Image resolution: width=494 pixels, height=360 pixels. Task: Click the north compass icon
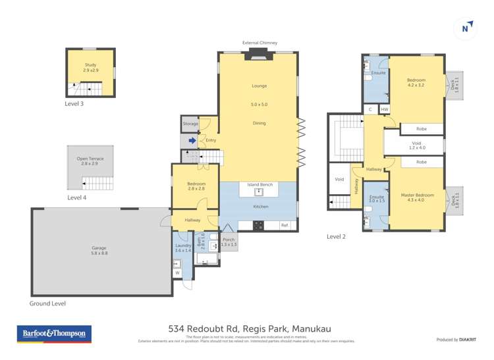pyautogui.click(x=466, y=28)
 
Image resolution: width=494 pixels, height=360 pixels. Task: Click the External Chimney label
pyautogui.click(x=260, y=43)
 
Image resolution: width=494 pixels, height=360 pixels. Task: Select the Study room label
pyautogui.click(x=90, y=66)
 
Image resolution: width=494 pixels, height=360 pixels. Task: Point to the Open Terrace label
pyautogui.click(x=90, y=161)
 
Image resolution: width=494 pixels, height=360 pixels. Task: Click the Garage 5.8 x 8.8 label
pyautogui.click(x=99, y=250)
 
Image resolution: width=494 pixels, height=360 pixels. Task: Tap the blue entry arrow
pyautogui.click(x=192, y=140)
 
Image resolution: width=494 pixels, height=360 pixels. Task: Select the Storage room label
pyautogui.click(x=190, y=124)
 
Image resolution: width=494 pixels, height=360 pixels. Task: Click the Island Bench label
pyautogui.click(x=260, y=185)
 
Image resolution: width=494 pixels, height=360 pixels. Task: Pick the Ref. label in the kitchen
pyautogui.click(x=285, y=225)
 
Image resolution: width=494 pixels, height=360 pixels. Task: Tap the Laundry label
pyautogui.click(x=182, y=248)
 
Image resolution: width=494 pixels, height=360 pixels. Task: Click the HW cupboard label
pyautogui.click(x=383, y=109)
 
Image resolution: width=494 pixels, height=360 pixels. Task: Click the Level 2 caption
pyautogui.click(x=336, y=236)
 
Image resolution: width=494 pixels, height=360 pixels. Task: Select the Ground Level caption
pyautogui.click(x=47, y=303)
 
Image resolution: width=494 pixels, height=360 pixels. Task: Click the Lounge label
pyautogui.click(x=259, y=86)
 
